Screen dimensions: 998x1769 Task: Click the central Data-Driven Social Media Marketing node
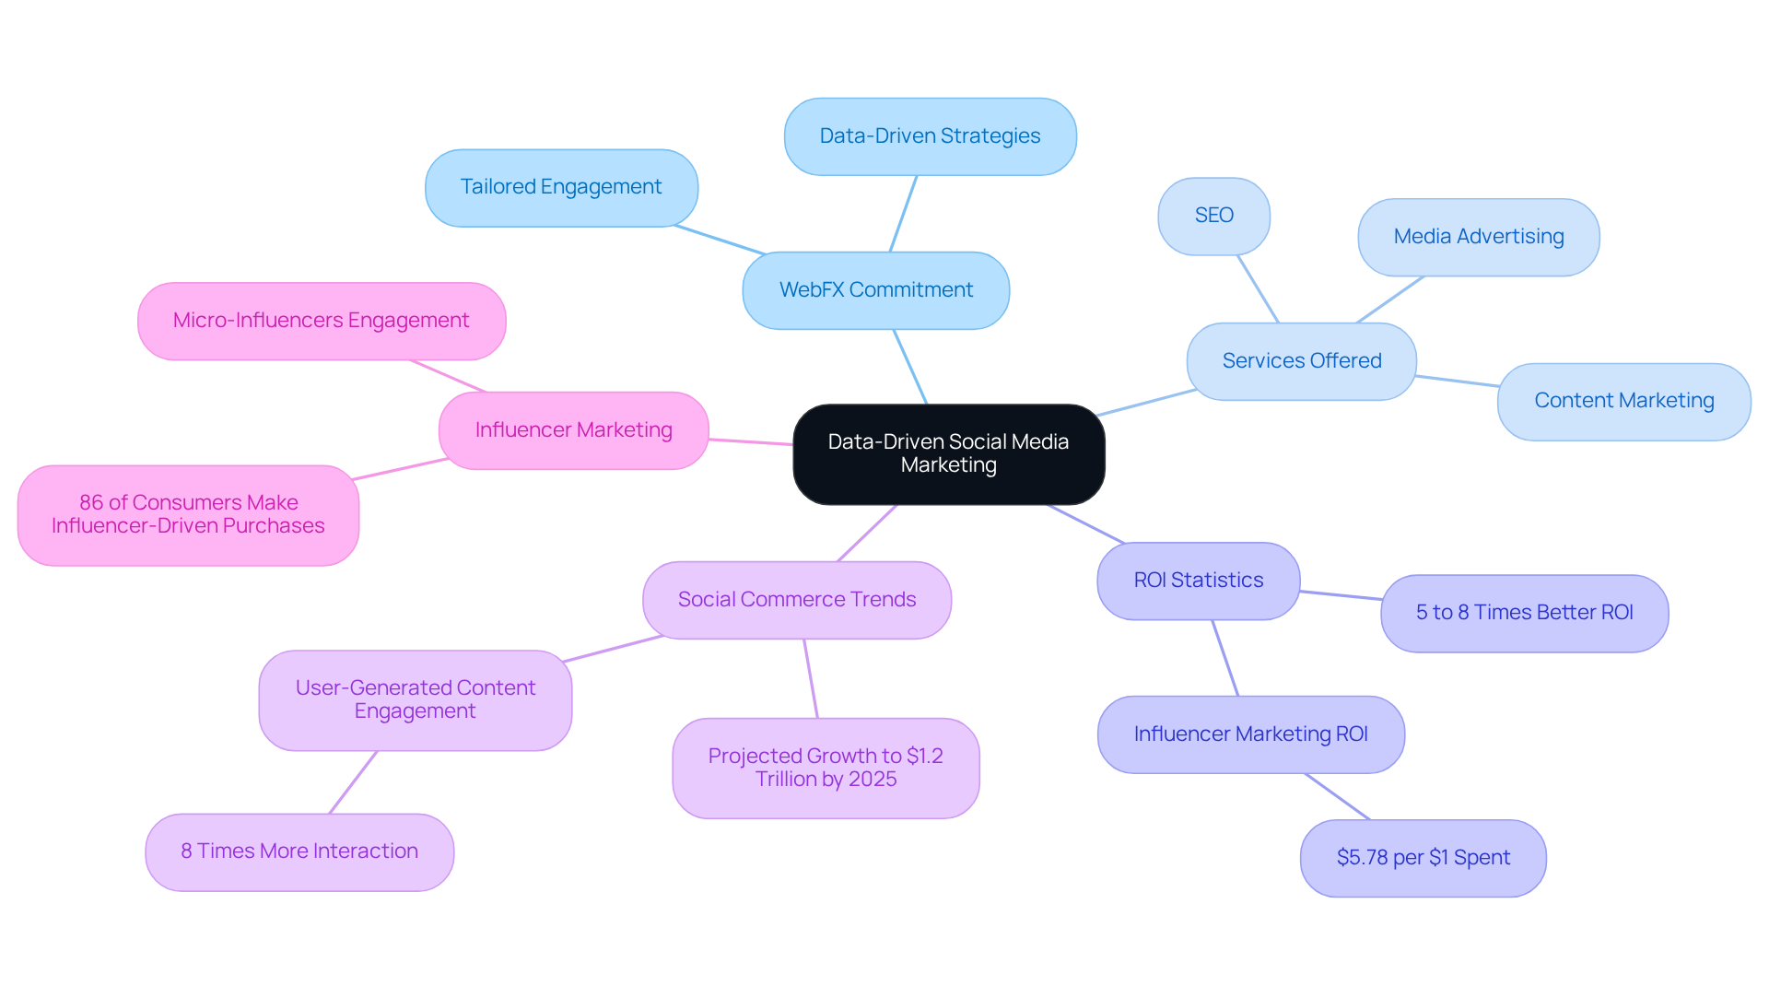(x=948, y=453)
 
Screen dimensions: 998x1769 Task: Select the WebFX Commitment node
(x=875, y=290)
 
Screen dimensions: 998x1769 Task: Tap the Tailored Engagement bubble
(x=561, y=187)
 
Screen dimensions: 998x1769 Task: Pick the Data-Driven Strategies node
(x=930, y=136)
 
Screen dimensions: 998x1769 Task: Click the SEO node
(x=1213, y=216)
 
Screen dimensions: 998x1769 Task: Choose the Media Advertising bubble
(x=1478, y=237)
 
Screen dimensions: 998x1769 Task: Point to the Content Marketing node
(x=1623, y=401)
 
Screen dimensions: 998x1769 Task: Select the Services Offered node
(x=1301, y=361)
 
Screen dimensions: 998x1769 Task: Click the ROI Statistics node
(x=1198, y=581)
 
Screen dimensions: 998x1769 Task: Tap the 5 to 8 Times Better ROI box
(x=1524, y=613)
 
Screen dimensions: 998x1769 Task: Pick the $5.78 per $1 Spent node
(x=1423, y=858)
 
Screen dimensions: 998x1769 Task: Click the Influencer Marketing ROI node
(x=1250, y=734)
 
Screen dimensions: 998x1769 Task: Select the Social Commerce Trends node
(x=797, y=600)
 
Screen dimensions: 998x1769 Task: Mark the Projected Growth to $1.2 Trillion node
(x=826, y=768)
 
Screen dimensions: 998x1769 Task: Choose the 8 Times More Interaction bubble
(x=299, y=851)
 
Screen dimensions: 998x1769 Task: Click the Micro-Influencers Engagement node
(x=322, y=321)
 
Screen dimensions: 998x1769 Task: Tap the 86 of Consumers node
(x=188, y=515)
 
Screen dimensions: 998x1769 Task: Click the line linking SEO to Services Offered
(x=1258, y=288)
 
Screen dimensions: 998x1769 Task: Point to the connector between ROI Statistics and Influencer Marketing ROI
(x=1225, y=658)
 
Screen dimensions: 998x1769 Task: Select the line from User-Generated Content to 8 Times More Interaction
(x=353, y=782)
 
